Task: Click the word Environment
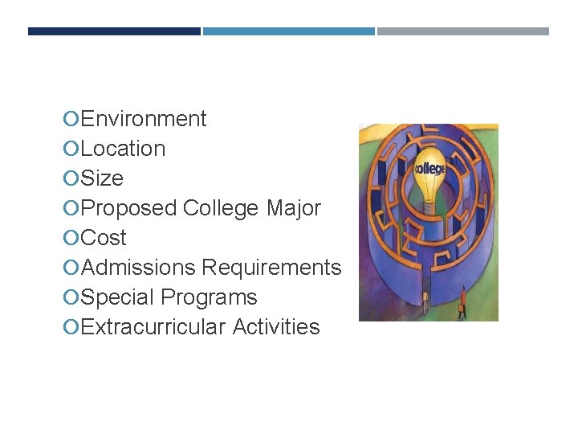tap(144, 119)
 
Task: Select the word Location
tap(124, 149)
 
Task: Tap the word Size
tap(102, 178)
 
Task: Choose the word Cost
tap(104, 238)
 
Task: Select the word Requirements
tap(271, 268)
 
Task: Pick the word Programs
tap(209, 297)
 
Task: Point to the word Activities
tap(276, 327)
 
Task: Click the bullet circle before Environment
tap(71, 120)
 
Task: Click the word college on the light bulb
tap(429, 170)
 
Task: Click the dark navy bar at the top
tap(114, 31)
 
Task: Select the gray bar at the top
tap(463, 31)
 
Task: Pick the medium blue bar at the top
tap(289, 31)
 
